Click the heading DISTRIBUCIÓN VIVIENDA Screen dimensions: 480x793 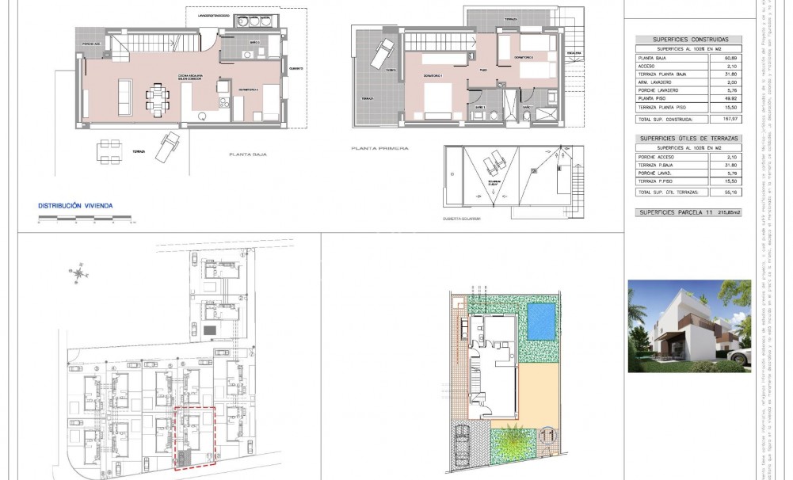coord(75,206)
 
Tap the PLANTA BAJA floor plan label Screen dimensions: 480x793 coord(246,155)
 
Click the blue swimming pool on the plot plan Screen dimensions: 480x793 coord(542,319)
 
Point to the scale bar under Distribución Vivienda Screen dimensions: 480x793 coord(75,223)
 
